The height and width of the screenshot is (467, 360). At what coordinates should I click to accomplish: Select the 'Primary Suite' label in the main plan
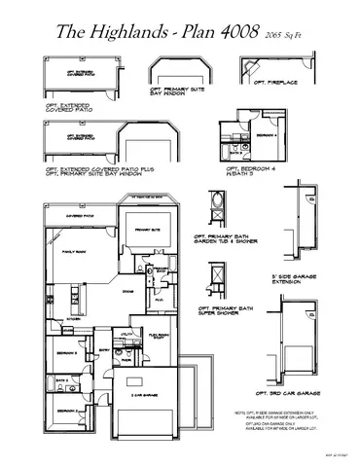point(148,230)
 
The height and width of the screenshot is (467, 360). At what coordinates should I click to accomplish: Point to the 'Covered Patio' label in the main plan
point(80,216)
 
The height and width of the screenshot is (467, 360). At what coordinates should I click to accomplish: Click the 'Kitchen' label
point(74,318)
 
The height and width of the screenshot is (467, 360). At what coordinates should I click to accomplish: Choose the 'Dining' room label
point(127,290)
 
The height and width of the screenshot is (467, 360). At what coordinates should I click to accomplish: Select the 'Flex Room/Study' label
point(160,336)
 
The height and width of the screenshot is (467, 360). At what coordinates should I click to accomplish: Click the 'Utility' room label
point(126,334)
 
